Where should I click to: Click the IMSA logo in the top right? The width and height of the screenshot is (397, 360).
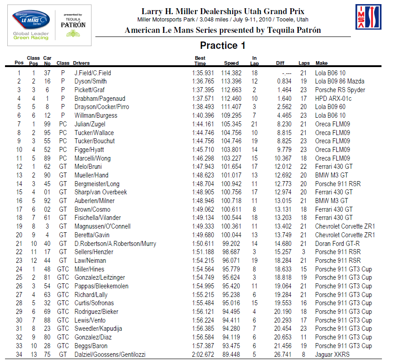[x=368, y=17]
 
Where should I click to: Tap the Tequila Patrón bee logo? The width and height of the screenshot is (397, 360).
[x=73, y=33]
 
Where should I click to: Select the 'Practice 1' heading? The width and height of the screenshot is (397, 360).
[x=222, y=46]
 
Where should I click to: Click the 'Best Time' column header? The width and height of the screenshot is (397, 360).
[x=200, y=61]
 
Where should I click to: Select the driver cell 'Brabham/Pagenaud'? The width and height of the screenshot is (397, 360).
[x=99, y=99]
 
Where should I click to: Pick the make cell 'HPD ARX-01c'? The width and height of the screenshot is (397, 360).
[x=333, y=99]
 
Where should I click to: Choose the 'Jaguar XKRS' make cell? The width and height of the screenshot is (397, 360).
[x=333, y=355]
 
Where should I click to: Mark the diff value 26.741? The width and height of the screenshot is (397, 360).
[x=283, y=355]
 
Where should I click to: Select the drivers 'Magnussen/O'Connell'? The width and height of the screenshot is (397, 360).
[x=102, y=226]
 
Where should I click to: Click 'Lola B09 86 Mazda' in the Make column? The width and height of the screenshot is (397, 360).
[x=340, y=81]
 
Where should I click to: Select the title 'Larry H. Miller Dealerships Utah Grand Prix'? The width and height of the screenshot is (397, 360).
[x=223, y=11]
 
